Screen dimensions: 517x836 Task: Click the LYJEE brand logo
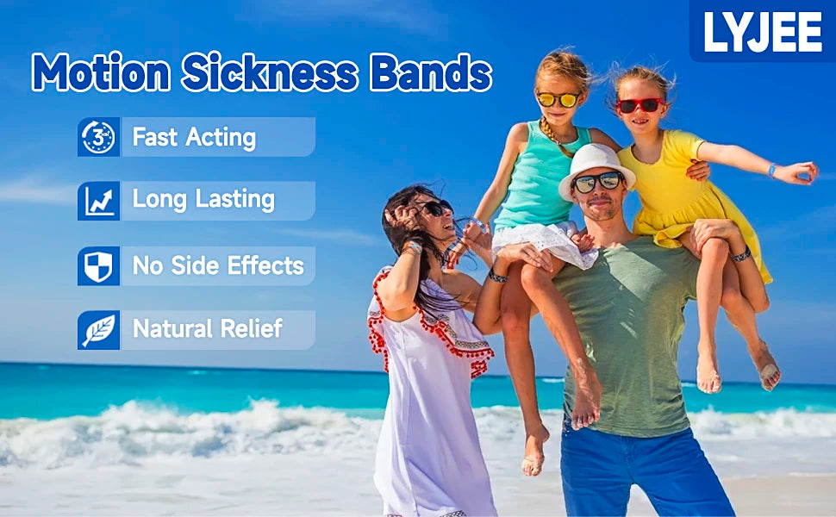pyautogui.click(x=763, y=31)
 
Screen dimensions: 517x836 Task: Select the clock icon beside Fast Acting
pyautogui.click(x=98, y=137)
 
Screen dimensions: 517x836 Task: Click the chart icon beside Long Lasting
pyautogui.click(x=98, y=201)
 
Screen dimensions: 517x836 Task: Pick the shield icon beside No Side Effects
pyautogui.click(x=98, y=265)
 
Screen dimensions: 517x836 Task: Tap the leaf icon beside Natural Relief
pyautogui.click(x=98, y=330)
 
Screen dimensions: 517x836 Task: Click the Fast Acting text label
pyautogui.click(x=194, y=137)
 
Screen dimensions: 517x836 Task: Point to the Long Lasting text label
pyautogui.click(x=203, y=201)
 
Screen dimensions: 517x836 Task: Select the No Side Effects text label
pyautogui.click(x=218, y=265)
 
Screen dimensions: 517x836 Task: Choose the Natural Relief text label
pyautogui.click(x=208, y=329)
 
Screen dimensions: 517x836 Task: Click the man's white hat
pyautogui.click(x=596, y=164)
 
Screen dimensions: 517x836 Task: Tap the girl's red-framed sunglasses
pyautogui.click(x=640, y=105)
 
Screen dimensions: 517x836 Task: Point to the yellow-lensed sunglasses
pyautogui.click(x=558, y=99)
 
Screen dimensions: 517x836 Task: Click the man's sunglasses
pyautogui.click(x=597, y=182)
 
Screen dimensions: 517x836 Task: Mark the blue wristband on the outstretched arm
pyautogui.click(x=772, y=170)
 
